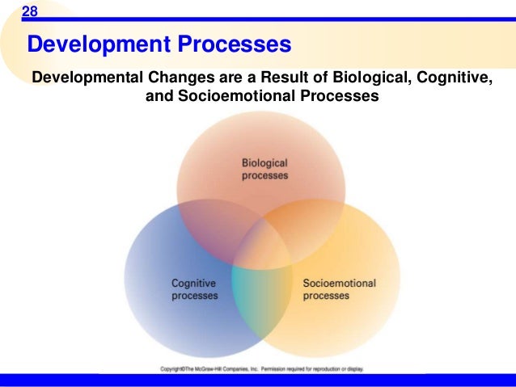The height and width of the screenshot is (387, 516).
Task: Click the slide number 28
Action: (x=30, y=11)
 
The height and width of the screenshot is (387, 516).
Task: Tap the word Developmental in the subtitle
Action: (x=85, y=78)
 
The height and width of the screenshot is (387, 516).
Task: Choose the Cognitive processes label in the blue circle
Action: (x=195, y=289)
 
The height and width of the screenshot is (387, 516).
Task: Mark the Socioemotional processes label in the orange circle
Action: (x=339, y=289)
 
